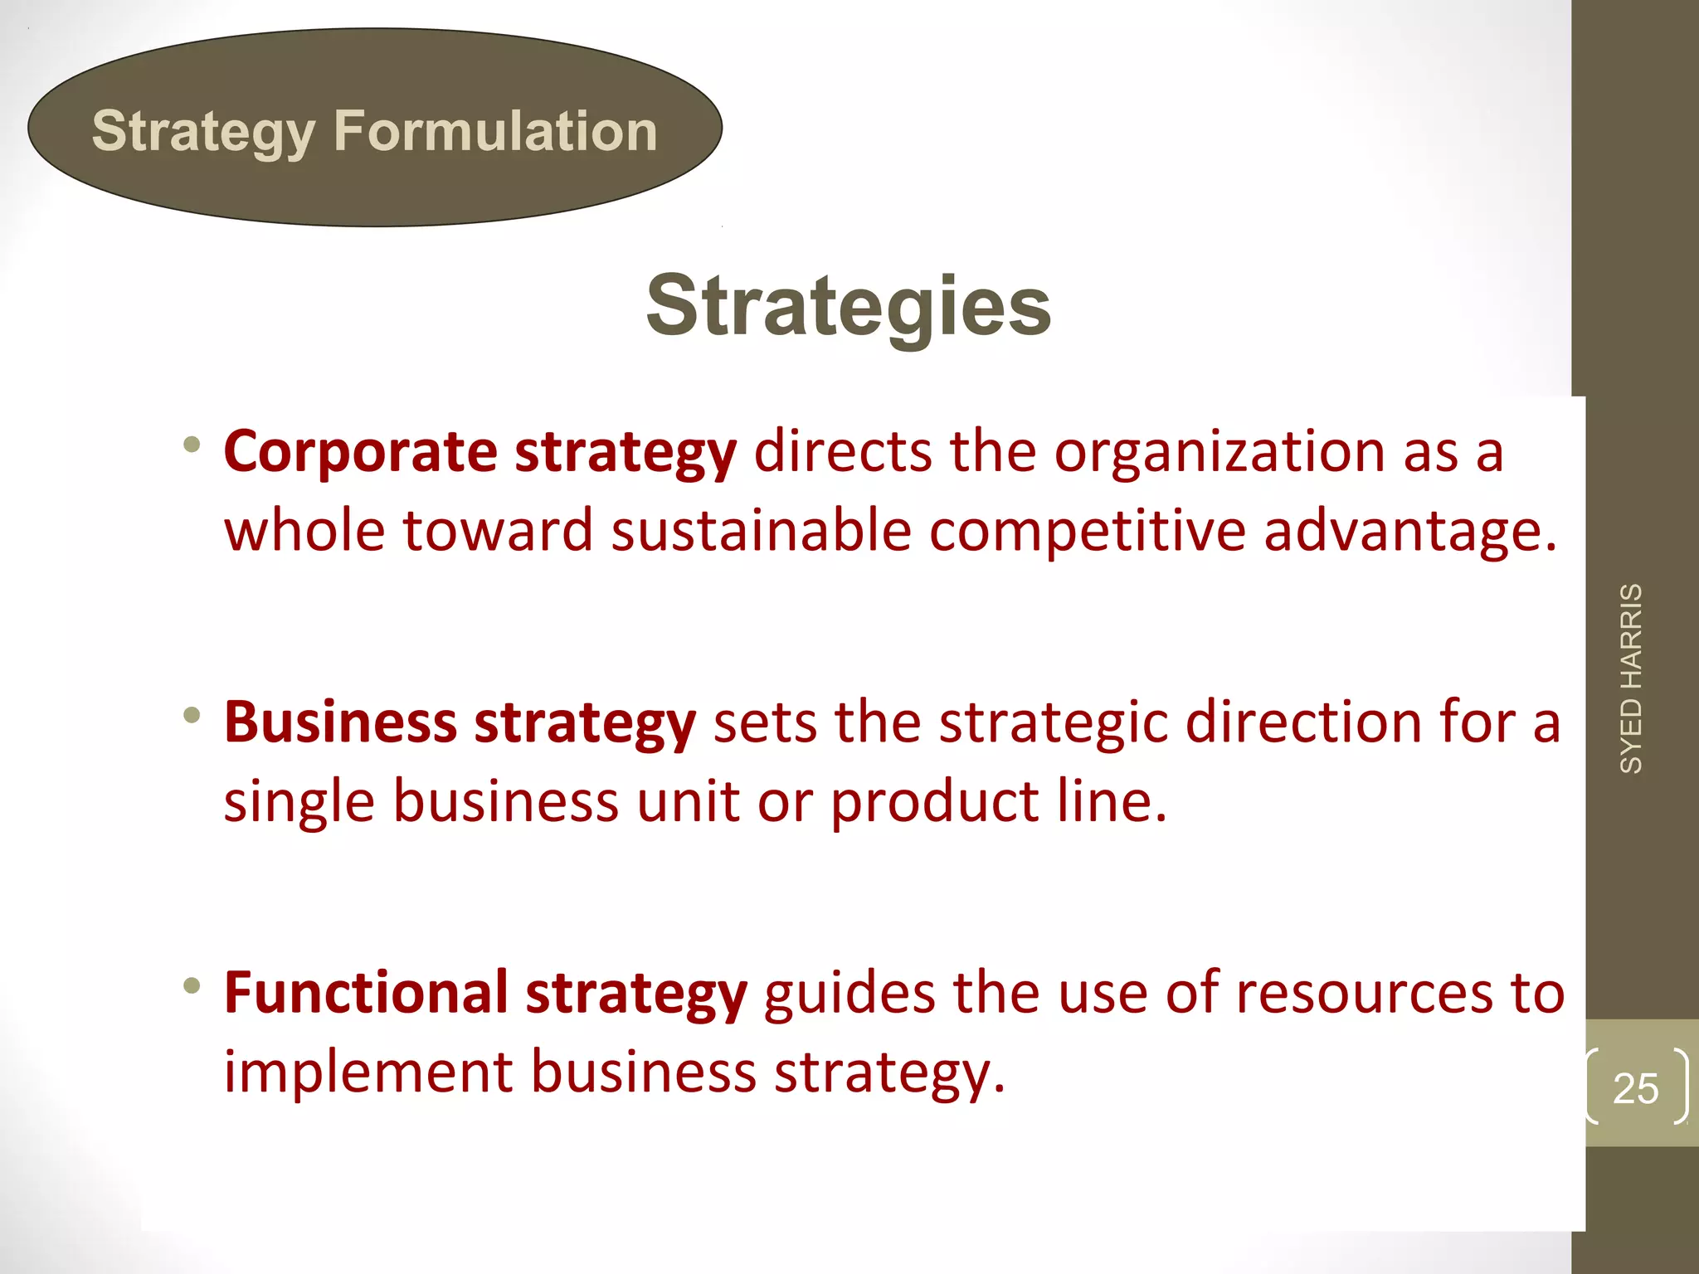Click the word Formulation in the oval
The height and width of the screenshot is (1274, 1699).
pos(495,131)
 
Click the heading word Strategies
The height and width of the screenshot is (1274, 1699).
pos(848,306)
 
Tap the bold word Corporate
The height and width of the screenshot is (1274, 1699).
pos(360,452)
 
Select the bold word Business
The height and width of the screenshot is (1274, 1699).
pos(340,722)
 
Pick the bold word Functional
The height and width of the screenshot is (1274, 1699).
pos(366,992)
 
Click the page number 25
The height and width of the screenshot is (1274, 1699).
pos(1635,1088)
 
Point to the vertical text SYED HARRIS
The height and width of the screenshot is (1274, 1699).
pos(1631,678)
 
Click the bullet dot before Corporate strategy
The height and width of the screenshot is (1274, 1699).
pos(192,445)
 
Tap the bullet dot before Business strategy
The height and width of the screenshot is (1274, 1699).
pos(192,714)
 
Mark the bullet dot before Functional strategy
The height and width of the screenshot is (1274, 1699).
pos(192,985)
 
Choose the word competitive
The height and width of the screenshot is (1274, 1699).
pos(1087,531)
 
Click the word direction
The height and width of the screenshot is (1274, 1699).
pos(1303,722)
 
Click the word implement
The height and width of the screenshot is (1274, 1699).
pos(368,1072)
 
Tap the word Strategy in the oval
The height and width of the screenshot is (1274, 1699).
pos(203,133)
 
